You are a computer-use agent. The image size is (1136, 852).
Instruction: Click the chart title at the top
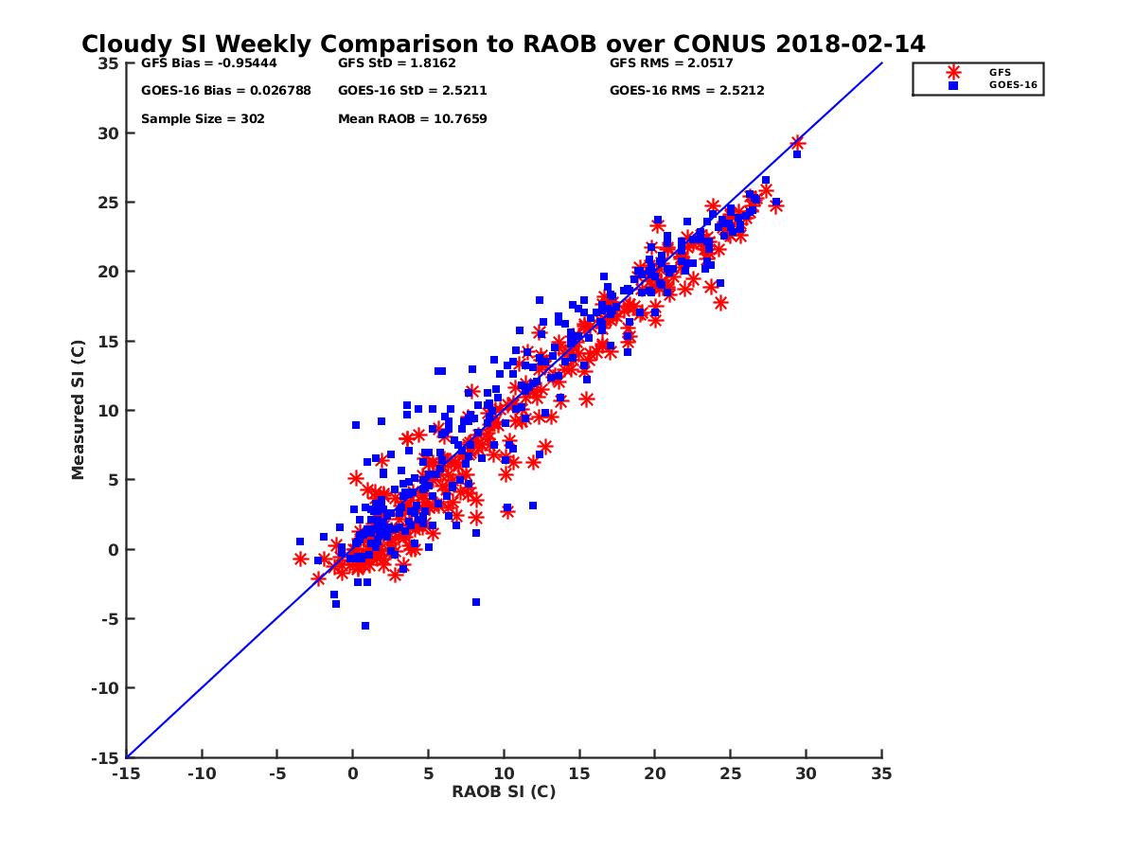503,44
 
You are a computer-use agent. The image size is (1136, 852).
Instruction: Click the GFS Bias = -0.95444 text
198,64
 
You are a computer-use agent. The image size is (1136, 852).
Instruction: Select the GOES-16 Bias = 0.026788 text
212,91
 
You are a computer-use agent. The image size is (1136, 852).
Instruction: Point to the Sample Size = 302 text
203,119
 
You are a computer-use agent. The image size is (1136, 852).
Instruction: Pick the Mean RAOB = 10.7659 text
412,119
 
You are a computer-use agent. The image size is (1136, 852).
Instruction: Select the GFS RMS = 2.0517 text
671,64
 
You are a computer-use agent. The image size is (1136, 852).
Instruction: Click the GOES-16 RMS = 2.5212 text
686,91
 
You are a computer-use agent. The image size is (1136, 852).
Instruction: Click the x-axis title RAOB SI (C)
503,791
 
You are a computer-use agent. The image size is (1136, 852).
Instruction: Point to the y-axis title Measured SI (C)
79,411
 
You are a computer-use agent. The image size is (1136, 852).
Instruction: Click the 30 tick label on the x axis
806,773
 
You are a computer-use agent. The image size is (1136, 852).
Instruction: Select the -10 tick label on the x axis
201,773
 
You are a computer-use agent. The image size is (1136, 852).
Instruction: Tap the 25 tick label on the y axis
110,203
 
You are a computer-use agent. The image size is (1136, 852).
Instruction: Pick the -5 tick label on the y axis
112,619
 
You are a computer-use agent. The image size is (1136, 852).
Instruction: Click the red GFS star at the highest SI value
797,143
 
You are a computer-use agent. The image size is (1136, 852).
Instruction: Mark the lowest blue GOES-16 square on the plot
365,626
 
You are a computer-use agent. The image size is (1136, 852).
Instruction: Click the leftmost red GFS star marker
301,559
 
